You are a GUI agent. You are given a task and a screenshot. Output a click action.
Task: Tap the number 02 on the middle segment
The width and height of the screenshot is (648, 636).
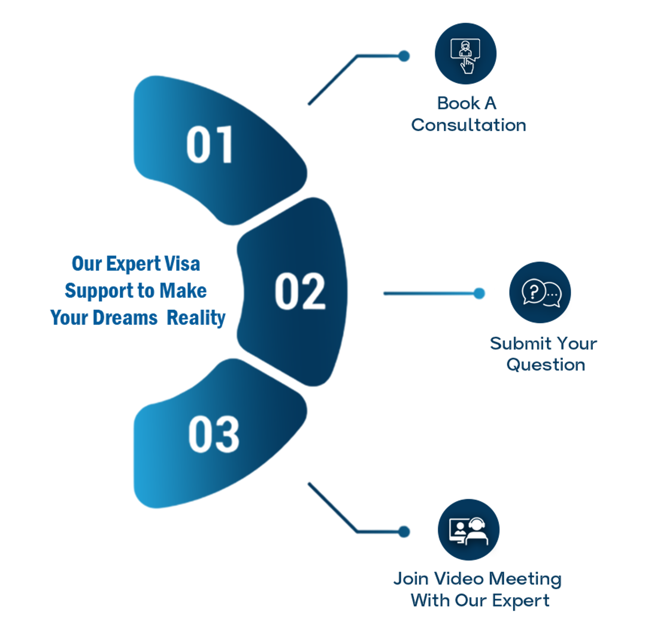click(300, 291)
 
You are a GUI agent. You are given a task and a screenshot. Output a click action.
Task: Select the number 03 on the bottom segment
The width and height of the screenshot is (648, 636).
click(214, 434)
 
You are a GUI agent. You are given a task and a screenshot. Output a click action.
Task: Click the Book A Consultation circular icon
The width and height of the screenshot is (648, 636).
click(465, 54)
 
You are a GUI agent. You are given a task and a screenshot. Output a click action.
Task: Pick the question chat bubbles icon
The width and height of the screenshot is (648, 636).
click(540, 292)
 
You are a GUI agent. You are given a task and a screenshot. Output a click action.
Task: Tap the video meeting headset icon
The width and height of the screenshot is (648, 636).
click(468, 530)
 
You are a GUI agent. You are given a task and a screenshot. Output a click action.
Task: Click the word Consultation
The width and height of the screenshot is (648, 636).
click(468, 125)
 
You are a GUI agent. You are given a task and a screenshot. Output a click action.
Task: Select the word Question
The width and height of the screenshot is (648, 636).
click(546, 365)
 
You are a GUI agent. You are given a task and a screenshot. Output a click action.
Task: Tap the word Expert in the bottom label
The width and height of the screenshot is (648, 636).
click(520, 601)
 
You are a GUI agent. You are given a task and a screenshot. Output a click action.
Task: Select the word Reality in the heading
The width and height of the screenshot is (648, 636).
click(196, 318)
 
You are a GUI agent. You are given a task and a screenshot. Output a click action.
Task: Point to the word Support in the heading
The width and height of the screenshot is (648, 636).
click(98, 291)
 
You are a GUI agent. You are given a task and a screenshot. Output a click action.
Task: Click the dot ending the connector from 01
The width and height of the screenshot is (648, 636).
click(404, 56)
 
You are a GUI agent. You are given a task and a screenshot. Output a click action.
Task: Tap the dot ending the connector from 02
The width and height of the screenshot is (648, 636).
click(479, 293)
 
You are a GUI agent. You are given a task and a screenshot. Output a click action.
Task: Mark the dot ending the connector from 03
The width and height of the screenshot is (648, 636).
click(404, 532)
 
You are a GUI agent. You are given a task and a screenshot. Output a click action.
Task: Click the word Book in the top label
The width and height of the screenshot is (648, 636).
click(458, 103)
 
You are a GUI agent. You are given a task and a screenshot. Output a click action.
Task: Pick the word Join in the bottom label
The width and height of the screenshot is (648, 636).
click(411, 579)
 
